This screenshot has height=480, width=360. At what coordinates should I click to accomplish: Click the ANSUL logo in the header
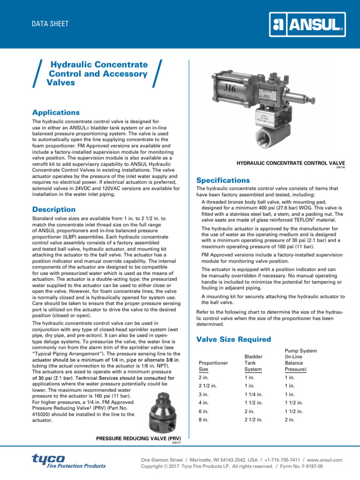[x=308, y=24]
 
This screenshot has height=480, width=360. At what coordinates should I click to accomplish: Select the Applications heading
[x=55, y=112]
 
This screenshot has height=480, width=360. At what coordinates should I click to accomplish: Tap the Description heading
[x=53, y=209]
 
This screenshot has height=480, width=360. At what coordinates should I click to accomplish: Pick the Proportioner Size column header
[x=213, y=366]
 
